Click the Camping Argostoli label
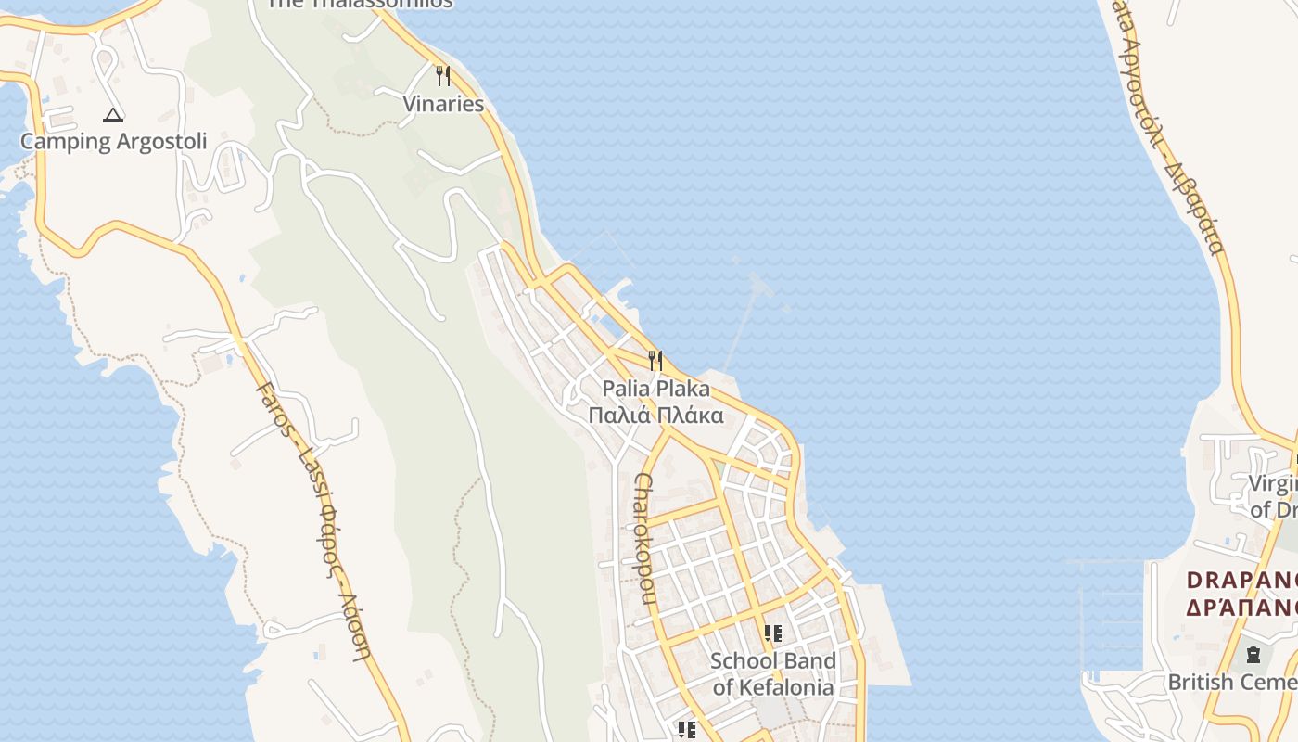[x=113, y=142]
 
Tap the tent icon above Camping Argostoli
[x=113, y=116]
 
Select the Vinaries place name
[x=443, y=104]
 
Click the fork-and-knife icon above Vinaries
[x=443, y=76]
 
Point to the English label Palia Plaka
[x=655, y=389]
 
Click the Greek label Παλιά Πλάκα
[x=655, y=415]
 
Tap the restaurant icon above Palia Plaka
[x=655, y=360]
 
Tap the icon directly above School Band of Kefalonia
[x=772, y=634]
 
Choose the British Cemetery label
[x=1231, y=683]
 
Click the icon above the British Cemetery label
[x=1253, y=655]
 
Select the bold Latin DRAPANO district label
[x=1241, y=581]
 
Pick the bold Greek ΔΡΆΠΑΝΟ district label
[x=1241, y=608]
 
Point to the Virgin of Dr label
[x=1271, y=496]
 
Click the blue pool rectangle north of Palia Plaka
[x=611, y=324]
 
